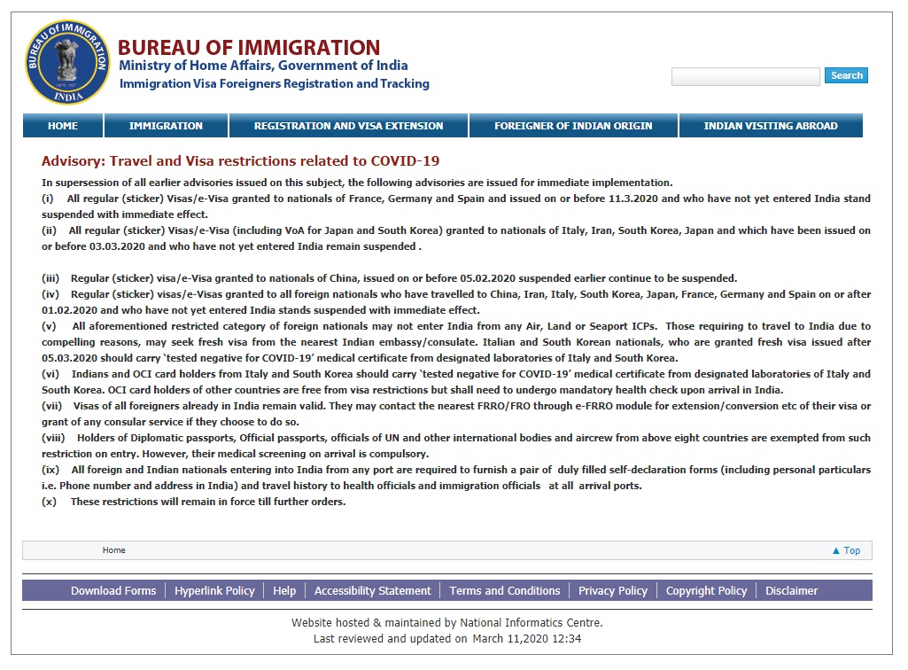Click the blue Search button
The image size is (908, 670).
point(846,76)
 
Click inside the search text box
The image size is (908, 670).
point(745,77)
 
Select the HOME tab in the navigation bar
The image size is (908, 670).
point(63,126)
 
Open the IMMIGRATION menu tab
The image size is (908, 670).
point(166,126)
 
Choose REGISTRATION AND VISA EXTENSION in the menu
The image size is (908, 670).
point(348,126)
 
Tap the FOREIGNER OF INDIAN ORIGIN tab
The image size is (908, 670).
point(573,126)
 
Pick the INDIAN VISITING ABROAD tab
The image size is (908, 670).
point(770,126)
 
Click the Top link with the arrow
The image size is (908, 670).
point(846,550)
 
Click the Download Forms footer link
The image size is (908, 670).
point(113,591)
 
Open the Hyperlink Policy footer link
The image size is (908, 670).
point(214,591)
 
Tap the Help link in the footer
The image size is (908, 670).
point(284,591)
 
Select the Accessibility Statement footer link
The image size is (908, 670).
point(372,591)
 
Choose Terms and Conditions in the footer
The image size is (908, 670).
point(505,591)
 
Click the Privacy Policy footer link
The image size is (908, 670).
point(613,591)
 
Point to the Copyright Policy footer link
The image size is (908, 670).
point(706,591)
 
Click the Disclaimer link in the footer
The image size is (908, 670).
point(792,591)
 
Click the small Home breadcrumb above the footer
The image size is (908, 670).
point(114,550)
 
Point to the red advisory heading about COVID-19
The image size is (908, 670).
point(240,161)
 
